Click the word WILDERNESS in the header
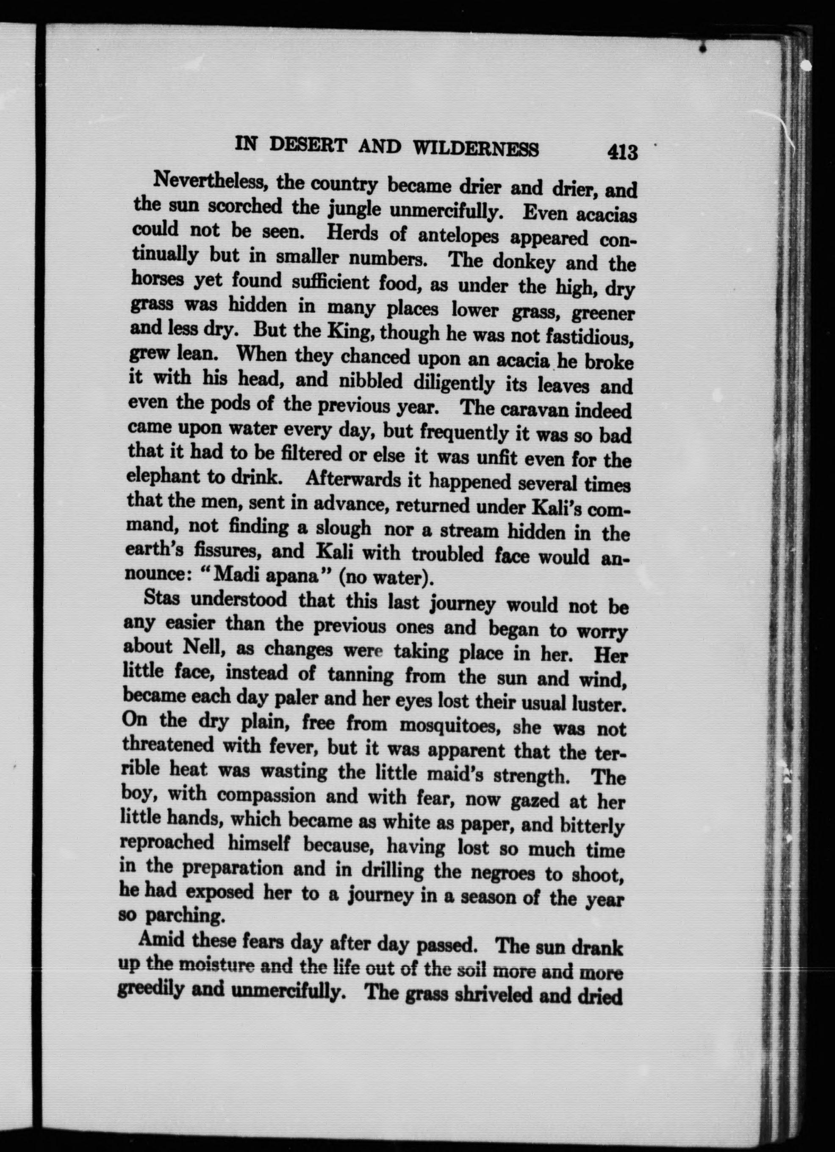[x=476, y=148]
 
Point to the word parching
[x=184, y=915]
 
